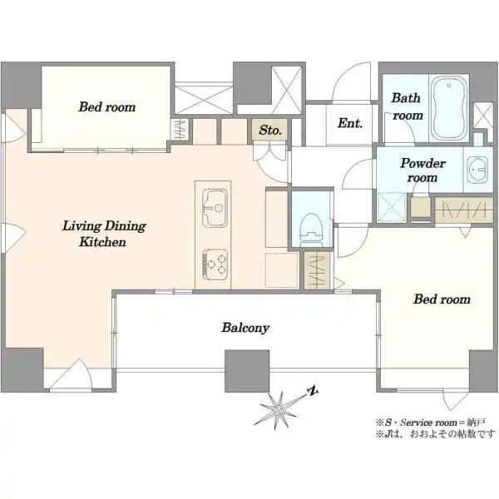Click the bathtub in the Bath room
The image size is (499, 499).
449,108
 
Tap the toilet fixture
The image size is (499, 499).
311,230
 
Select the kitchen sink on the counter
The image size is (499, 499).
215,209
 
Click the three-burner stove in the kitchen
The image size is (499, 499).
215,264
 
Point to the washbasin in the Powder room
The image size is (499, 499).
477,170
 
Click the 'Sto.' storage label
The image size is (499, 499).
270,130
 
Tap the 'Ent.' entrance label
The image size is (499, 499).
350,123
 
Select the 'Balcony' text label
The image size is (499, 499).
245,328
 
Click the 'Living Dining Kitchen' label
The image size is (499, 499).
104,234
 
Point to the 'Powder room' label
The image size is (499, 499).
422,170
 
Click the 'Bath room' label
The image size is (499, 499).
407,106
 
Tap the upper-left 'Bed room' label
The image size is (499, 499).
107,107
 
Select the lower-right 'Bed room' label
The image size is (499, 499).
442,299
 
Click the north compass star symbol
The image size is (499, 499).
279,411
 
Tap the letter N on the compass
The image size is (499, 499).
314,392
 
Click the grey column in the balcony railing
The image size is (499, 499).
247,371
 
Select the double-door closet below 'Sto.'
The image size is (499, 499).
269,152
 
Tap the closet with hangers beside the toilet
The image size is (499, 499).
317,270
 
